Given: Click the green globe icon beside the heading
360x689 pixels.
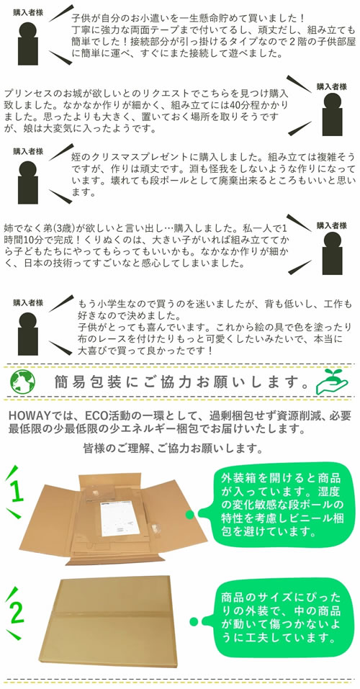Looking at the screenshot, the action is [x=22, y=382].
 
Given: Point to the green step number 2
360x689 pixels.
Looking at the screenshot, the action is [x=17, y=612].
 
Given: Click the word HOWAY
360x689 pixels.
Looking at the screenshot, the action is [x=27, y=416].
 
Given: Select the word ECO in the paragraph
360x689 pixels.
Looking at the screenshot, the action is [x=96, y=416].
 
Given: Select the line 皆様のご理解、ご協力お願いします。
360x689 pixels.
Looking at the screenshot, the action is [x=174, y=449].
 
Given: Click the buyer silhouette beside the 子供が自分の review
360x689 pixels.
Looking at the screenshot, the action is [x=27, y=43].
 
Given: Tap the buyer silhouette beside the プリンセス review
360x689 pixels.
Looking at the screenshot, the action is [x=333, y=114].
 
